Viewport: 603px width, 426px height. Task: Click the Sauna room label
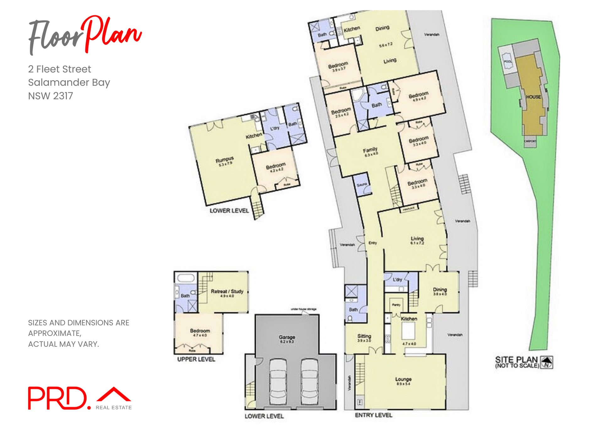362,185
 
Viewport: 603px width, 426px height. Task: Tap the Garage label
287,337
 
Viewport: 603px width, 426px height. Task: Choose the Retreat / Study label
227,291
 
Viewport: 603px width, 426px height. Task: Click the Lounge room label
403,379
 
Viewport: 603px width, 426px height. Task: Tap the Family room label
370,150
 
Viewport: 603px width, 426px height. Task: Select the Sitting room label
364,336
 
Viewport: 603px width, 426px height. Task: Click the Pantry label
396,305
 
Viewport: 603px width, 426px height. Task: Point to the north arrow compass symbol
547,362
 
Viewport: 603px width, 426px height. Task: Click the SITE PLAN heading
516,360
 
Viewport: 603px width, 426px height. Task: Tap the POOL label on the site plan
508,62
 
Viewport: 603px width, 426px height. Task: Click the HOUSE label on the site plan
534,97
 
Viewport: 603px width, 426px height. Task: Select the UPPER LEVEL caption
196,359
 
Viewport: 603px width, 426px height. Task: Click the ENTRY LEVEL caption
373,415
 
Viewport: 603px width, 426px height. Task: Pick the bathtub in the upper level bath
186,278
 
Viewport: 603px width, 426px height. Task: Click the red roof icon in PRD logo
114,394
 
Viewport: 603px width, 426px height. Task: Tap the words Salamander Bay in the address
69,82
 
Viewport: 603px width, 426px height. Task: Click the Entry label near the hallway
372,243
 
